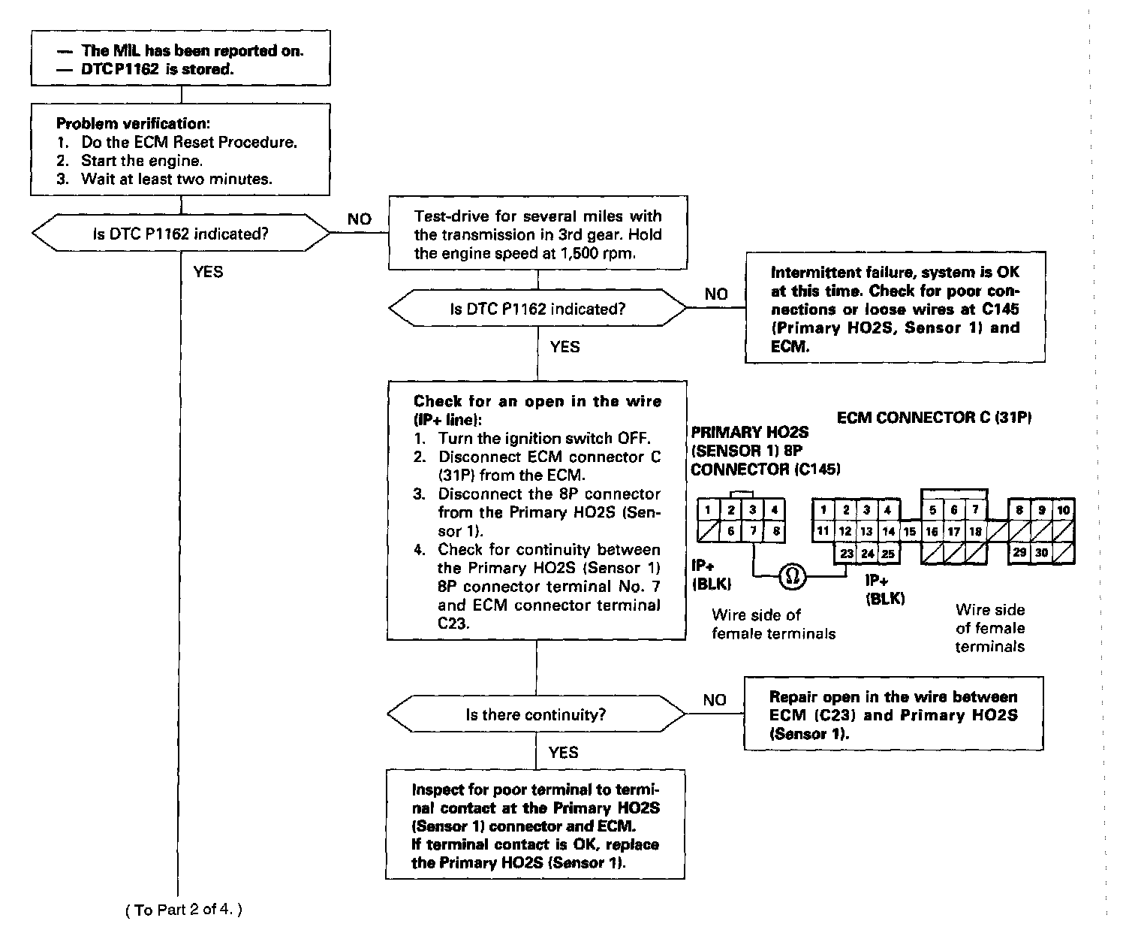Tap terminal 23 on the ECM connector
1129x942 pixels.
[846, 554]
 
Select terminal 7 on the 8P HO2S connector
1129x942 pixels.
[753, 531]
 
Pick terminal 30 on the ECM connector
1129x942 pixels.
[1041, 553]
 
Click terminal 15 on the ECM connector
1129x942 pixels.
[910, 531]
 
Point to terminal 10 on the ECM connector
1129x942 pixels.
[1063, 510]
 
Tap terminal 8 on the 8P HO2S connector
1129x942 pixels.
[775, 531]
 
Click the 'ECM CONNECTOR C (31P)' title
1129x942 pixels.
[934, 418]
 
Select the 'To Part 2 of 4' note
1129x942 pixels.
[184, 910]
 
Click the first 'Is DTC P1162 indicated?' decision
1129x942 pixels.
[180, 234]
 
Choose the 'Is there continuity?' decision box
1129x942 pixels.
[536, 714]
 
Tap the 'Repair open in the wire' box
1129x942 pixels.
[893, 714]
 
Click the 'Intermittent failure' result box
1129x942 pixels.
[895, 309]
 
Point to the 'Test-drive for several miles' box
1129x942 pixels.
[537, 234]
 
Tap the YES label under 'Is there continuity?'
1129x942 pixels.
[563, 753]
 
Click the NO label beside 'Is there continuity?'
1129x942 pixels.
[715, 700]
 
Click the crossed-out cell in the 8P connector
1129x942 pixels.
[708, 531]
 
